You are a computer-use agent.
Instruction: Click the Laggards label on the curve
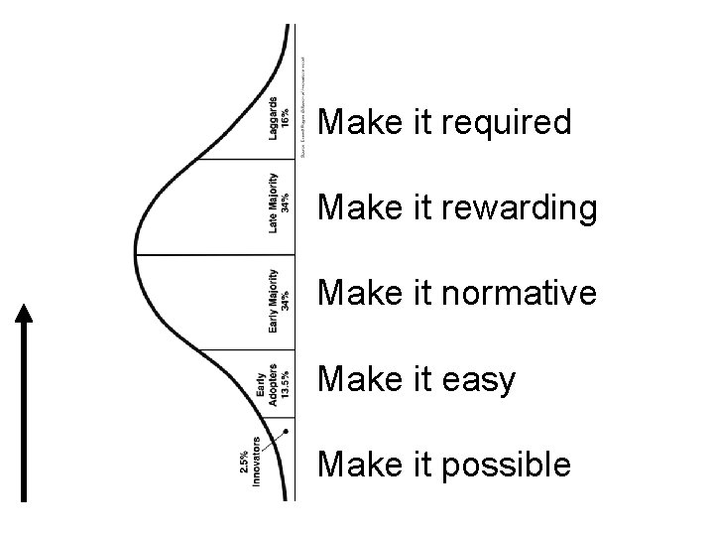pos(273,117)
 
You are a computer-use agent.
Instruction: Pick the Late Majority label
pos(273,203)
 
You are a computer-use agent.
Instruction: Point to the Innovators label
pos(257,463)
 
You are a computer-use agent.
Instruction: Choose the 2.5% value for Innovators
pos(243,463)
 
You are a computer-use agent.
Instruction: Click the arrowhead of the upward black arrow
pos(25,312)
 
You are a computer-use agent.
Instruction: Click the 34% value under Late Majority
pos(286,203)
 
